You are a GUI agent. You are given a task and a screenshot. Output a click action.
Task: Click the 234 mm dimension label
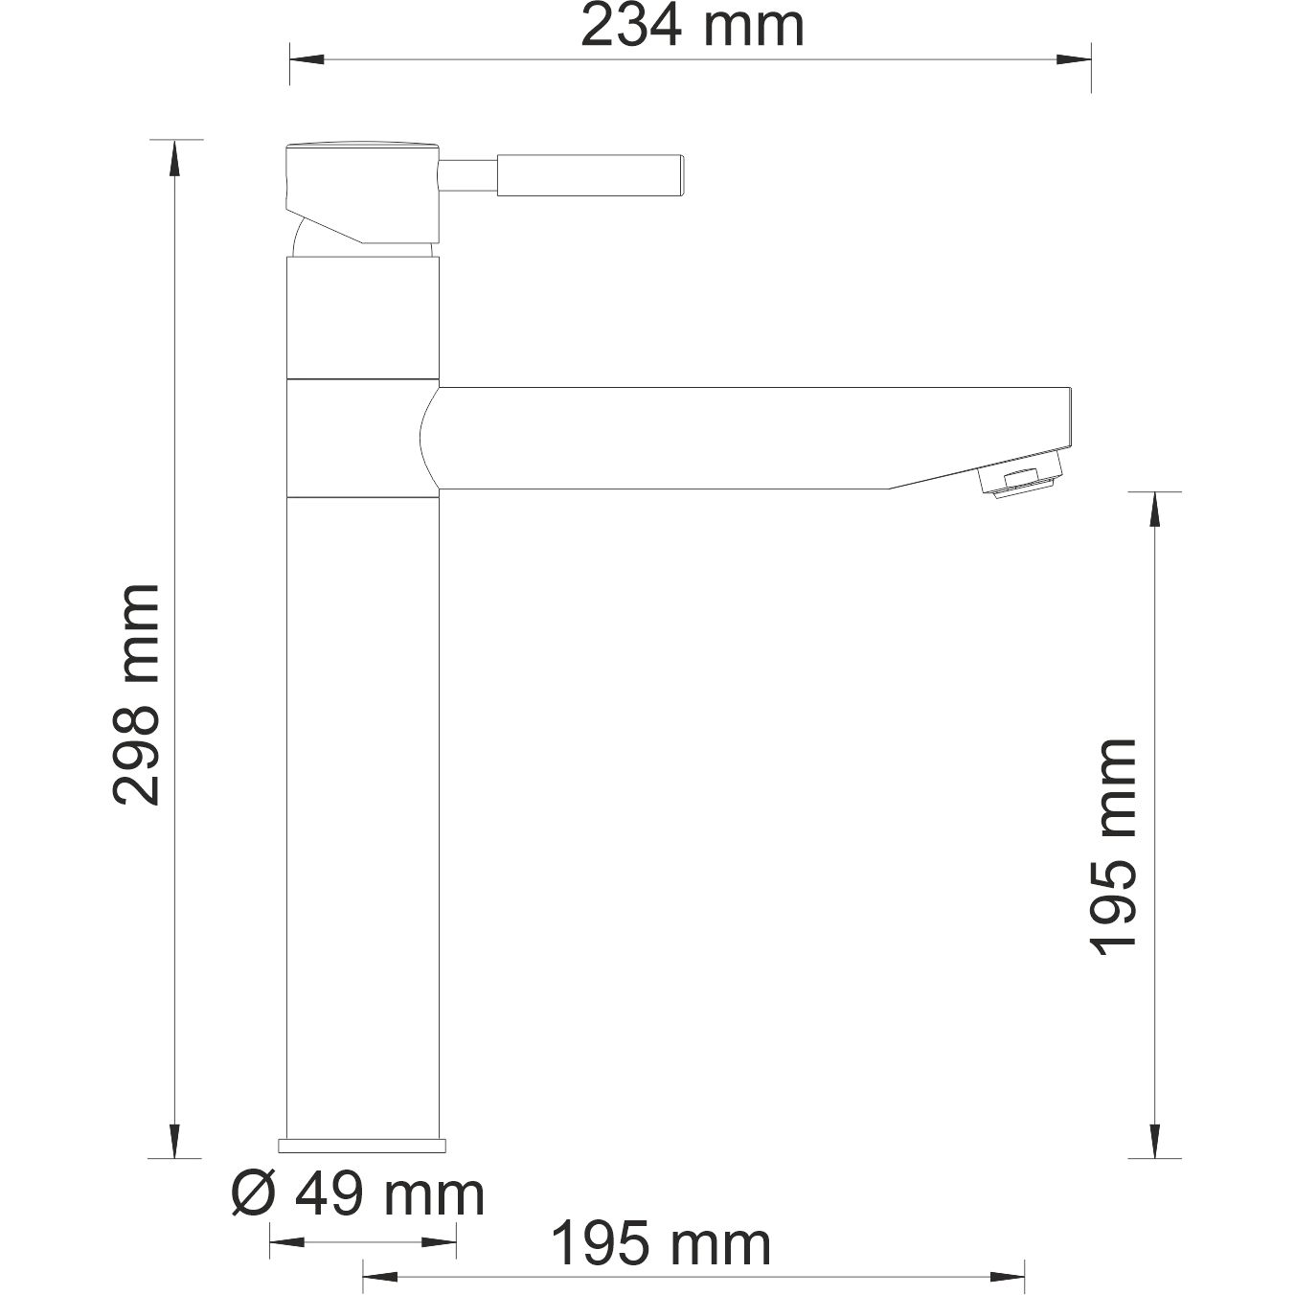[x=692, y=26]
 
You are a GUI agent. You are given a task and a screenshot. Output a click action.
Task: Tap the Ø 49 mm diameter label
[x=358, y=1194]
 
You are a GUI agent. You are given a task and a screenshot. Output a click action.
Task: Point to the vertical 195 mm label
[x=1114, y=846]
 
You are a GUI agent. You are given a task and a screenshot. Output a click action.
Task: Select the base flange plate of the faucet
[x=362, y=1145]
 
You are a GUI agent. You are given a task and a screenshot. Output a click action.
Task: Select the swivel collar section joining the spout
[x=362, y=438]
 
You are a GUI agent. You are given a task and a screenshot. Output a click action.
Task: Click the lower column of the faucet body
[x=362, y=814]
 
